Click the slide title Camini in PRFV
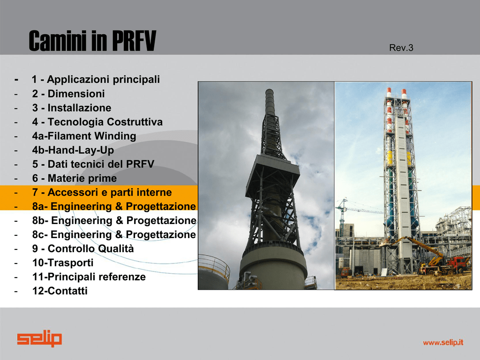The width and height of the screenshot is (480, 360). (92, 41)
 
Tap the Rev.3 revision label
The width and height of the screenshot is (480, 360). (401, 48)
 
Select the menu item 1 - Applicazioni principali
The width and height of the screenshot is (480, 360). (96, 79)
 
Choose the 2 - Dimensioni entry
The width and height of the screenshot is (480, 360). (68, 94)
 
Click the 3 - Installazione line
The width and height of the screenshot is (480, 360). (72, 108)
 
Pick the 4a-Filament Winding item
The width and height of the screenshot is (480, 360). (84, 136)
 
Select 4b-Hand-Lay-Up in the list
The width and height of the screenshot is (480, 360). (73, 150)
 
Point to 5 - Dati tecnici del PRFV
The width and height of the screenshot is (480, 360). (93, 164)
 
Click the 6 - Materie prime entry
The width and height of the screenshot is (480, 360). (75, 178)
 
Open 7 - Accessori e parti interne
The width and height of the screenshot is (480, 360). (102, 192)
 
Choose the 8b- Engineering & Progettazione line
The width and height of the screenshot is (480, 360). (114, 220)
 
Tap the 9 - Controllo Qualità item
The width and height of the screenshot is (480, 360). (83, 248)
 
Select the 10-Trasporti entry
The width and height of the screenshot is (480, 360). (63, 262)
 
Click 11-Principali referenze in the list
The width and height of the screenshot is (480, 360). (89, 277)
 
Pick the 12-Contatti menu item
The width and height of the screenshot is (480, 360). (60, 291)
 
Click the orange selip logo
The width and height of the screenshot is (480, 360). (39, 338)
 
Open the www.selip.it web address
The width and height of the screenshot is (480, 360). (443, 343)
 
